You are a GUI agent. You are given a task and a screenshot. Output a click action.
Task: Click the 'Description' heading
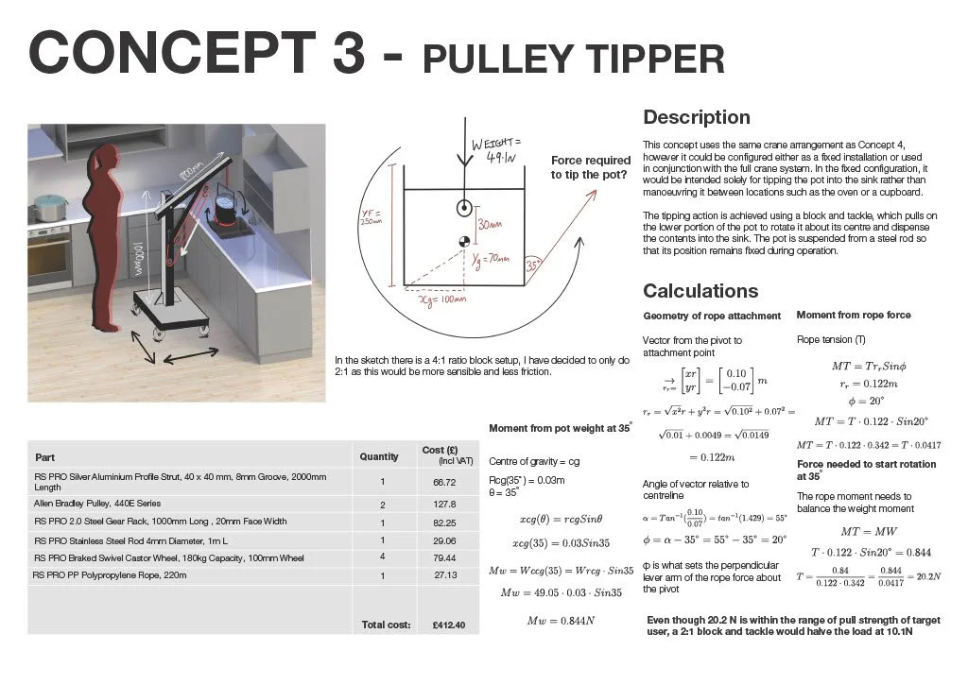point(697,117)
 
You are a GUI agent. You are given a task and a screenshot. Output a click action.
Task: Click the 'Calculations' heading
point(700,290)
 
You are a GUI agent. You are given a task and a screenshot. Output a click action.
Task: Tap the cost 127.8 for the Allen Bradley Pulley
point(443,504)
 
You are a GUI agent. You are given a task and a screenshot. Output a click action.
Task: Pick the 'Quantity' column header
point(379,456)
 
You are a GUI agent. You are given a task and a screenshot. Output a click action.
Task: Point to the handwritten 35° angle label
point(533,266)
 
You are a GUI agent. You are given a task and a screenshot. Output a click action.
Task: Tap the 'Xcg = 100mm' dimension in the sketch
point(443,299)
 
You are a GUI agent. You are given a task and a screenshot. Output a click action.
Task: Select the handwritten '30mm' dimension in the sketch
point(490,225)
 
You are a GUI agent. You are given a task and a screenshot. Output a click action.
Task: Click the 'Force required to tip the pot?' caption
point(591,167)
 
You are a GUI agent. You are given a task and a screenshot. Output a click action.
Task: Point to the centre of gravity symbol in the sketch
point(464,241)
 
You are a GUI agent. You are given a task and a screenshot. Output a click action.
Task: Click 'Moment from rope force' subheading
point(854,315)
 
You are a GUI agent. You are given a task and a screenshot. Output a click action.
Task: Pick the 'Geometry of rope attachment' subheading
point(712,316)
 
